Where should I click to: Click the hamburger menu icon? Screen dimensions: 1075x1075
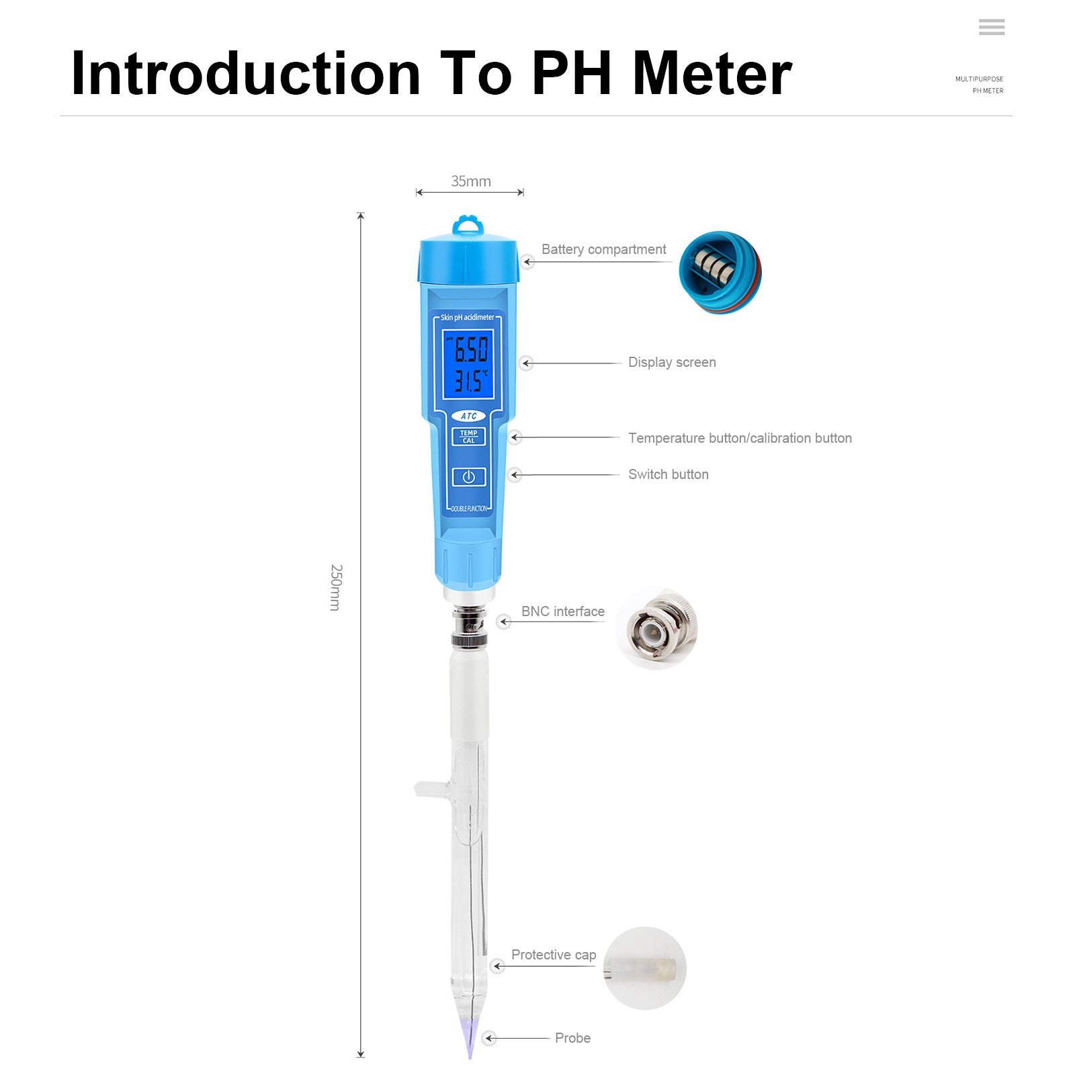(x=991, y=27)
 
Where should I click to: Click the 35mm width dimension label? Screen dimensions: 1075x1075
(x=470, y=181)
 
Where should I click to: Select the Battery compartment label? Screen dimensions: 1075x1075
(x=603, y=249)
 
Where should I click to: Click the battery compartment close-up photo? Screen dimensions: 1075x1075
(x=720, y=272)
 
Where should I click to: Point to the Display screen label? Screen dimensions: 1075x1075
(x=672, y=362)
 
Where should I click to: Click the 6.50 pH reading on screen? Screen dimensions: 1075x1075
(x=470, y=349)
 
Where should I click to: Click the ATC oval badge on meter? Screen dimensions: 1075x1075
(x=468, y=416)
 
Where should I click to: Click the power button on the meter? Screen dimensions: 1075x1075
(x=468, y=476)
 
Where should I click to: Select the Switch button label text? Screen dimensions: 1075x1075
(x=668, y=474)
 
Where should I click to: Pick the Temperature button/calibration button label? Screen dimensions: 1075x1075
(x=740, y=438)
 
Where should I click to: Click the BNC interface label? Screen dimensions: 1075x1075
(x=563, y=611)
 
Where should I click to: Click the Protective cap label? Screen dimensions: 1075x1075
(x=554, y=955)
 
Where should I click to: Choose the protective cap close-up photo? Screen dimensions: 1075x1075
(x=644, y=968)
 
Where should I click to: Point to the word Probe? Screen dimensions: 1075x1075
(x=572, y=1038)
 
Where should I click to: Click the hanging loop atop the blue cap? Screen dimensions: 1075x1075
(x=468, y=224)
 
